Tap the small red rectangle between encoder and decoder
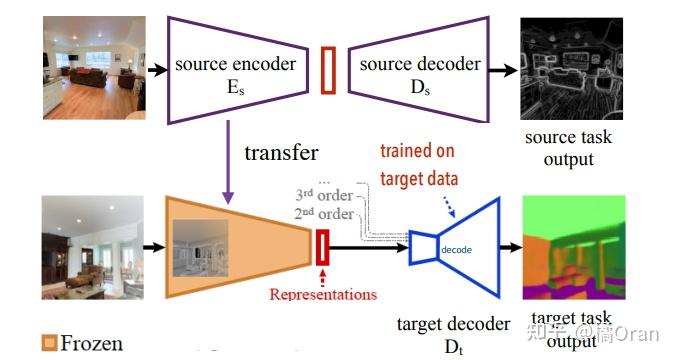tap(328, 71)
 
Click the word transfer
tap(281, 153)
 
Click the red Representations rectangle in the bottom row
tap(322, 246)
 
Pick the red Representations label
tap(323, 294)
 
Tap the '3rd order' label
tap(324, 195)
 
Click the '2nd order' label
tap(324, 213)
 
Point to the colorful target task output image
tap(572, 246)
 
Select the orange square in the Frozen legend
tap(49, 344)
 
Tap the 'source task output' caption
tap(569, 148)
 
